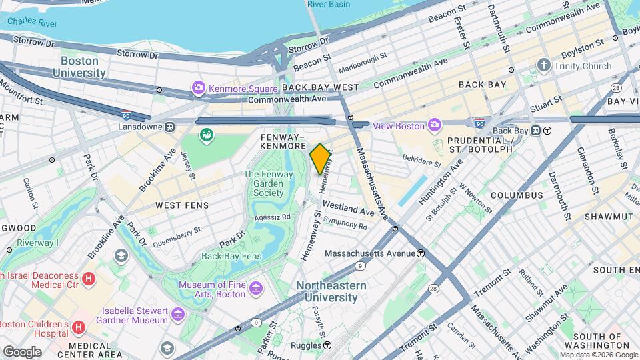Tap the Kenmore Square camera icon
(197, 88)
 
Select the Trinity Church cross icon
(544, 66)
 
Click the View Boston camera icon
(435, 125)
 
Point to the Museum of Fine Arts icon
(256, 289)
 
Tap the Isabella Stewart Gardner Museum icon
(177, 314)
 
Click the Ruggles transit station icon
(327, 345)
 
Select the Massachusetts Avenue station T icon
(421, 253)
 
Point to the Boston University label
(75, 67)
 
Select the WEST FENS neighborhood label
(181, 205)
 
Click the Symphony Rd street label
(345, 224)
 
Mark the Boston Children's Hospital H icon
(79, 327)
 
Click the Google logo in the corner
(21, 351)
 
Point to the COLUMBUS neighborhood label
(517, 195)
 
